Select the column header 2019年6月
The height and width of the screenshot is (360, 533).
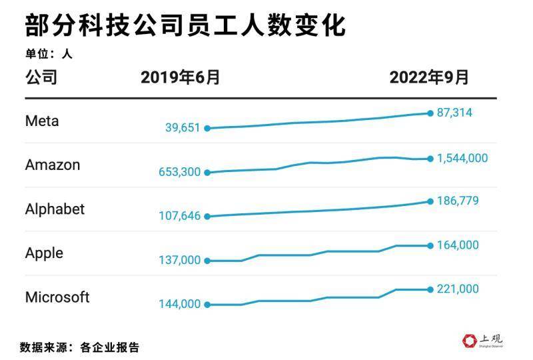[180, 78]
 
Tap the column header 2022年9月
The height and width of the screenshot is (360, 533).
[429, 78]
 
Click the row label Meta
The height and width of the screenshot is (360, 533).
[42, 121]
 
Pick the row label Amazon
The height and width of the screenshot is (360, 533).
[52, 165]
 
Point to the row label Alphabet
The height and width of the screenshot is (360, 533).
[55, 209]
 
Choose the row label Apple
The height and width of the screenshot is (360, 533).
[44, 253]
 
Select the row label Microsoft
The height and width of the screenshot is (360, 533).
[57, 297]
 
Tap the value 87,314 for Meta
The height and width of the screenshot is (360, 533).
[454, 113]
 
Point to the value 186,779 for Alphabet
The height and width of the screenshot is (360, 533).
[458, 201]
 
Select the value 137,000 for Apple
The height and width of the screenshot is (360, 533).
[179, 260]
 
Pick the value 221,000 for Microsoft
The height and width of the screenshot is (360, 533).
[458, 289]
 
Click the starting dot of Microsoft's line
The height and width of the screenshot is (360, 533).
[207, 305]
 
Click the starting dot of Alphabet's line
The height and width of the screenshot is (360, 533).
[207, 216]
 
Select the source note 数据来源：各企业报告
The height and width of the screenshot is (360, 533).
[79, 347]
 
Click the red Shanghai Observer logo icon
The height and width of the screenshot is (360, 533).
[469, 340]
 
